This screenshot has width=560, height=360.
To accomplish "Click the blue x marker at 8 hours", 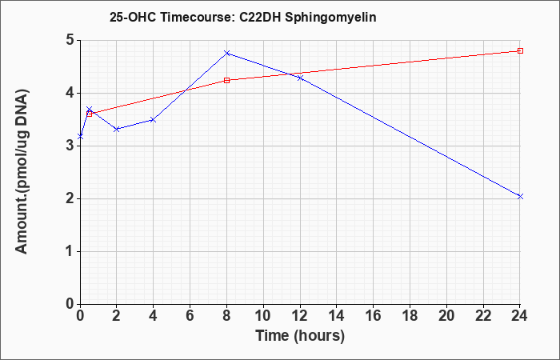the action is [x=226, y=53].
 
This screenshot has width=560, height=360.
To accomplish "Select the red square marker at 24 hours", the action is [x=520, y=50].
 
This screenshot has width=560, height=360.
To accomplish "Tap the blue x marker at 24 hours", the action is [x=520, y=197].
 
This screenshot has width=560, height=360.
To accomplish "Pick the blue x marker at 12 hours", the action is [x=300, y=78].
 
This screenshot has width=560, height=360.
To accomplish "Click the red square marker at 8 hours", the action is [x=226, y=80].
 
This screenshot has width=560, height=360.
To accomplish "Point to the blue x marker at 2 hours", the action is [x=117, y=130].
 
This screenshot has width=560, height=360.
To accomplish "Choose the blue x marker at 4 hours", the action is [x=154, y=120].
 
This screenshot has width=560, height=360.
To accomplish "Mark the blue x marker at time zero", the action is [x=80, y=137].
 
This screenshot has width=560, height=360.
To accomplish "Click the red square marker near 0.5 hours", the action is [x=90, y=114].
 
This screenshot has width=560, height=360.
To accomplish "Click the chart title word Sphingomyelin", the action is [x=330, y=18].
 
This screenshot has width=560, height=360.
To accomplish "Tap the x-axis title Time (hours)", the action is [x=300, y=336].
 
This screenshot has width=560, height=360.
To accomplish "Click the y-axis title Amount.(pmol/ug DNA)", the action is [x=22, y=172].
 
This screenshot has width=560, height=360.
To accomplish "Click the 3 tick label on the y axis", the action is [x=70, y=146].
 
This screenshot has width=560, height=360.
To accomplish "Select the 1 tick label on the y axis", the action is [x=70, y=251].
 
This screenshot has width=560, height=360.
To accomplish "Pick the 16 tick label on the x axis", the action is [x=374, y=316].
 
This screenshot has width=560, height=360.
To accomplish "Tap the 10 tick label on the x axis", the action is [x=263, y=316].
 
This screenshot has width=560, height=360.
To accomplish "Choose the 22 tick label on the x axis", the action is [x=483, y=316].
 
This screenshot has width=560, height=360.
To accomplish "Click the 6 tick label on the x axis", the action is [x=190, y=316].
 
